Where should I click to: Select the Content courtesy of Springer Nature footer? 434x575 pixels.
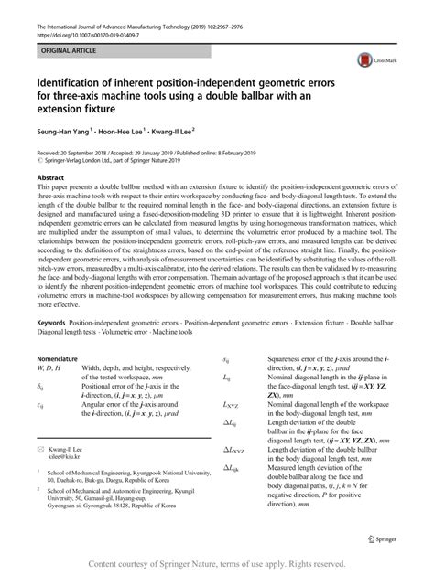(x=218, y=564)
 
